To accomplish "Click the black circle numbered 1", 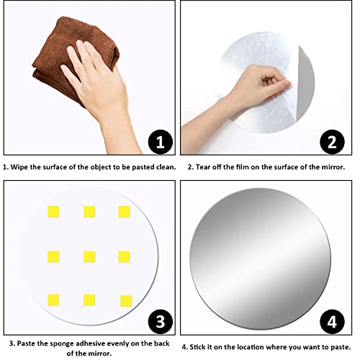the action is (x=161, y=142).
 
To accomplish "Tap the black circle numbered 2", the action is (x=332, y=142).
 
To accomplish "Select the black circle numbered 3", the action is (x=161, y=322).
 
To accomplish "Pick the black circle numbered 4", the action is (x=332, y=322).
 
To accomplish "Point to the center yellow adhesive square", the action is (x=89, y=257).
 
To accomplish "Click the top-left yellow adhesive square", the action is (x=53, y=212).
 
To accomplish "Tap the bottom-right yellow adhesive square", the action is (x=126, y=301).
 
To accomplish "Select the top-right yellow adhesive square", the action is (x=124, y=212).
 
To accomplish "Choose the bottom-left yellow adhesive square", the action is (x=53, y=300).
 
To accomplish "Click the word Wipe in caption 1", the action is (x=19, y=167).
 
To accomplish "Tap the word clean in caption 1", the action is (x=166, y=167).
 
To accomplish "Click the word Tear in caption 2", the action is (x=202, y=167).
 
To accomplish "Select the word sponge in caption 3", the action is (x=63, y=344).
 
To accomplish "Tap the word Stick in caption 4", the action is (x=197, y=347).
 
